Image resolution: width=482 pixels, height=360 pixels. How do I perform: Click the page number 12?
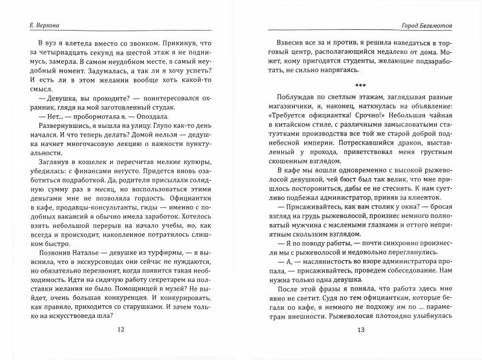pyautogui.click(x=120, y=347)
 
